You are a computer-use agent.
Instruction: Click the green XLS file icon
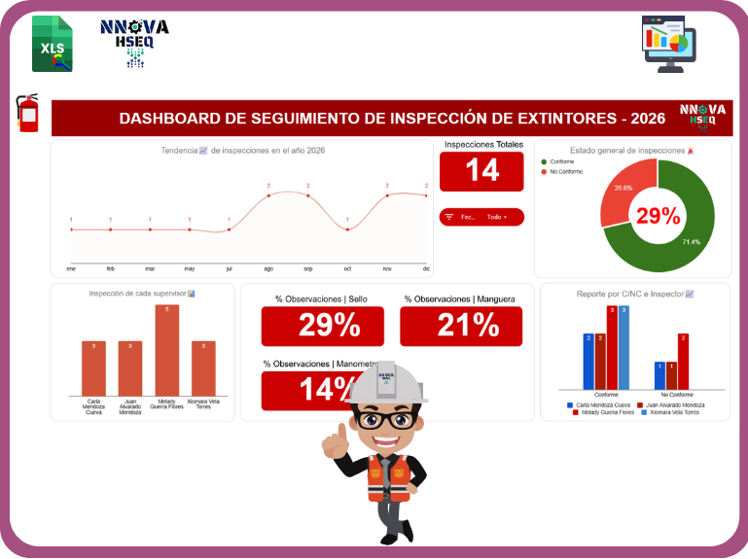point(52,44)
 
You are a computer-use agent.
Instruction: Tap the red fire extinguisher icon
point(28,113)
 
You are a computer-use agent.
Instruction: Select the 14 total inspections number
point(481,171)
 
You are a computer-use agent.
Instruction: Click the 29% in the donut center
point(658,216)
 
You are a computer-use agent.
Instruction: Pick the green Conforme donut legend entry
point(558,161)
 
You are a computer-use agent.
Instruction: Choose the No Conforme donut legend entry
point(561,171)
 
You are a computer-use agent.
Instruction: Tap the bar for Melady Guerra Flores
point(166,350)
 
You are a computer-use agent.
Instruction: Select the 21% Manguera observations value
point(461,327)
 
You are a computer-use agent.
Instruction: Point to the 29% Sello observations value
point(323,327)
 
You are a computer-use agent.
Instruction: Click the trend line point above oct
point(347,229)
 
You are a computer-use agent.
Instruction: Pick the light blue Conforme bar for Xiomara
point(623,347)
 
